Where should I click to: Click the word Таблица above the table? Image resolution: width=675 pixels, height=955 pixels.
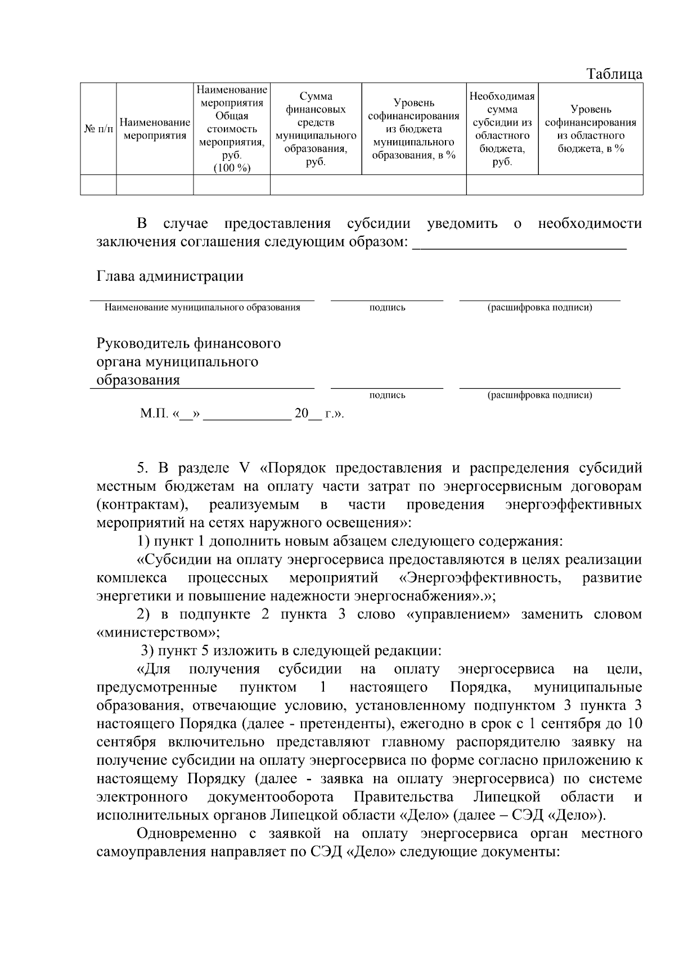tap(614, 74)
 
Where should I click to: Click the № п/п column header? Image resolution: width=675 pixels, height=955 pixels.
tap(98, 129)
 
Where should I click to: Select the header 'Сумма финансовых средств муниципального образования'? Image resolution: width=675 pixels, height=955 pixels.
tap(316, 129)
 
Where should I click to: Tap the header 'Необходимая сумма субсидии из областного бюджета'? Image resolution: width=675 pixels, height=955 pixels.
tap(502, 129)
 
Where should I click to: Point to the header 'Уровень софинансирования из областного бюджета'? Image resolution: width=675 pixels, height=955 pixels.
tap(591, 129)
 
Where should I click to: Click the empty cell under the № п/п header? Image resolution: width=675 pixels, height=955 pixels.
tap(98, 185)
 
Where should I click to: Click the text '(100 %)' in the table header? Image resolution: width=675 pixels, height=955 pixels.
tap(232, 168)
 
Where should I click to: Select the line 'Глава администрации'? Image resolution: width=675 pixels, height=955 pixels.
tap(170, 276)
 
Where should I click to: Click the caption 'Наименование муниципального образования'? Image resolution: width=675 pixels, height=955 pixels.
tap(202, 307)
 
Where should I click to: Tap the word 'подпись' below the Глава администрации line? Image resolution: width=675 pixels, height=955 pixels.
tap(387, 307)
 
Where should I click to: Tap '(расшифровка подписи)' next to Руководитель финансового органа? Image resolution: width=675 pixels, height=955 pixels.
tap(539, 395)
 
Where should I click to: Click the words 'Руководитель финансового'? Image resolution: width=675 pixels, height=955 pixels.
tap(188, 343)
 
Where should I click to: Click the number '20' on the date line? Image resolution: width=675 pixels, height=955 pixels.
tap(301, 414)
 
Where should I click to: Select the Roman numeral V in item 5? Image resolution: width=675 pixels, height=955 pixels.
tap(244, 468)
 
